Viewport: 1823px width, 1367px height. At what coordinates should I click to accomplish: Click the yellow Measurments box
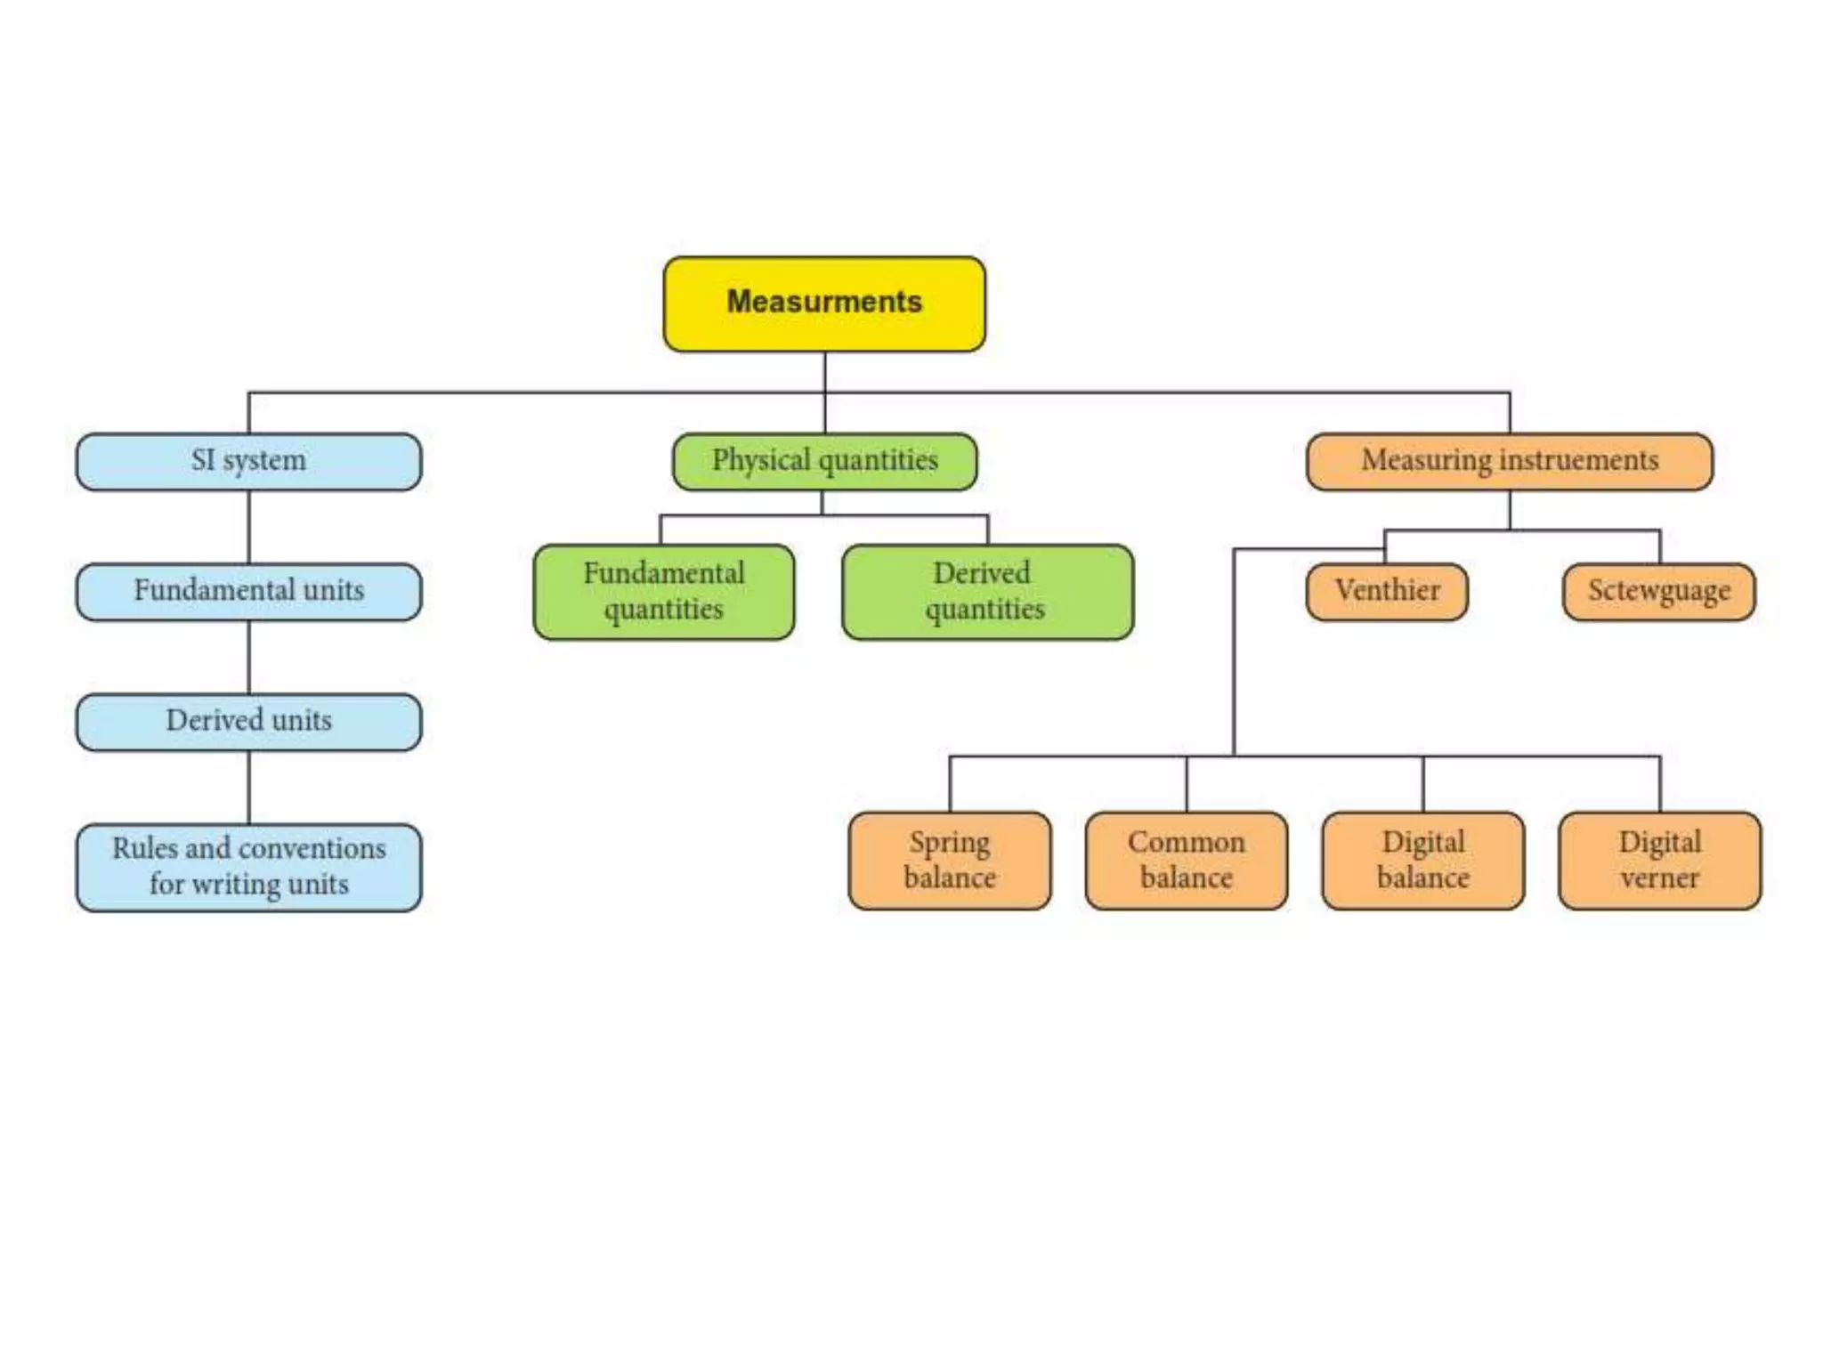click(824, 303)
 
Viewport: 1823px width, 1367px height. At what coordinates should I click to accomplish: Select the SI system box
click(248, 461)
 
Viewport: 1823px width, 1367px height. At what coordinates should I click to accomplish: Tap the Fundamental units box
click(248, 591)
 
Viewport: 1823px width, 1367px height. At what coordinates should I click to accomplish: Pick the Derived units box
click(248, 721)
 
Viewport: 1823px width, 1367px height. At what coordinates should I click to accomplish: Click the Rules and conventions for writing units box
click(248, 867)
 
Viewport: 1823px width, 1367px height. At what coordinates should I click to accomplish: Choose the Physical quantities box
click(824, 461)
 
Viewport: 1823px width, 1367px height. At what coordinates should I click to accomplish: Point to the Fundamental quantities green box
click(664, 592)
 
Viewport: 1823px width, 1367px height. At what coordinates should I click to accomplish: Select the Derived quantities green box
click(987, 592)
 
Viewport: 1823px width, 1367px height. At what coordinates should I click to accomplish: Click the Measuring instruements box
click(1509, 461)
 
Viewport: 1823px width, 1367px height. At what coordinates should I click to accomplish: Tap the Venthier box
click(1386, 591)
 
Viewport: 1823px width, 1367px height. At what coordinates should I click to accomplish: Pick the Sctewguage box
click(1658, 591)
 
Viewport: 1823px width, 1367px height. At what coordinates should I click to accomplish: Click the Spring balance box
click(950, 860)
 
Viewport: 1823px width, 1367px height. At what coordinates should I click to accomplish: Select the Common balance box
click(1186, 860)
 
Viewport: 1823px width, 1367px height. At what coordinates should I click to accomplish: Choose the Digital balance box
click(1422, 860)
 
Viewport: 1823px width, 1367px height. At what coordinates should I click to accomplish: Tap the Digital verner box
click(1659, 860)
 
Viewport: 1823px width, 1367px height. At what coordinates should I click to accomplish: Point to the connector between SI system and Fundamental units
click(248, 527)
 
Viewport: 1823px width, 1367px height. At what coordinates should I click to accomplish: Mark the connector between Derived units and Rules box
click(248, 787)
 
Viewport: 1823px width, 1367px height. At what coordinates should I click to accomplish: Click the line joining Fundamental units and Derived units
click(248, 657)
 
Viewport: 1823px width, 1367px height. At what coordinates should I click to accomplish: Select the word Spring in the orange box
click(949, 843)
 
